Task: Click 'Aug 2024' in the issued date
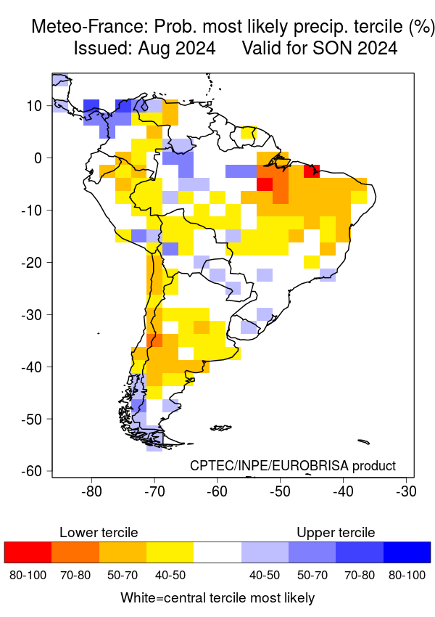[x=183, y=49]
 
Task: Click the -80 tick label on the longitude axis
[x=91, y=491]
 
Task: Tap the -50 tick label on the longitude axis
[x=280, y=491]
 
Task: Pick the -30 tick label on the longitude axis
[x=406, y=491]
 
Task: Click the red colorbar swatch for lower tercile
[x=28, y=552]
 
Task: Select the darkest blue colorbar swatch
[x=407, y=552]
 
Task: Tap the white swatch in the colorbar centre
[x=217, y=552]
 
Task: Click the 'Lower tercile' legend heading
[x=99, y=533]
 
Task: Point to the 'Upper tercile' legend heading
[x=336, y=533]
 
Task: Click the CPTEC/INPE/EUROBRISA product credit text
[x=293, y=465]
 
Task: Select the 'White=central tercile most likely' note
[x=217, y=598]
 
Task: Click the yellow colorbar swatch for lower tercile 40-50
[x=170, y=552]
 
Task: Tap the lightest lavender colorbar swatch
[x=265, y=552]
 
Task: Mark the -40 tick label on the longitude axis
[x=343, y=491]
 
